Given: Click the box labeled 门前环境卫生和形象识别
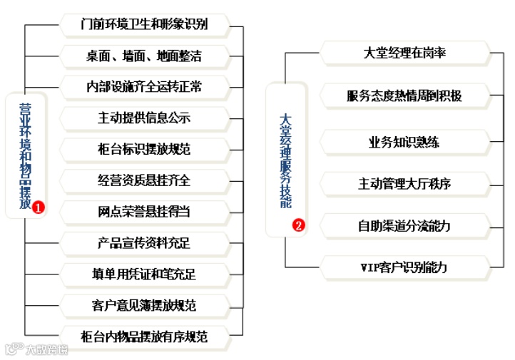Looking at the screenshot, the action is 144,25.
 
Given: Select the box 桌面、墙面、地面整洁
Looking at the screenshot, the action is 144,56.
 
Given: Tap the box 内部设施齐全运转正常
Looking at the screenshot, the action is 144,86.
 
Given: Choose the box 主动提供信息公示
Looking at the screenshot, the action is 144,118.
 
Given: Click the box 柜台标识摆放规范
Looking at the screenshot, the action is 144,149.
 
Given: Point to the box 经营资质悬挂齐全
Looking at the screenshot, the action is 144,180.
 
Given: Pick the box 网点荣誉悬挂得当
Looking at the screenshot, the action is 144,212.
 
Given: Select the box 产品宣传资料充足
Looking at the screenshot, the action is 144,243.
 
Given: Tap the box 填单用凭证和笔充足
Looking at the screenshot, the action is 144,274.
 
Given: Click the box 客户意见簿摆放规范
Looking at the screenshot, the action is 144,306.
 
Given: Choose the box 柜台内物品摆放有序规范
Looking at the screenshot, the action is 144,336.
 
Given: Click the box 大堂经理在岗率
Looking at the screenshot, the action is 404,53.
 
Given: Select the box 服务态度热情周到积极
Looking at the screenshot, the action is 404,96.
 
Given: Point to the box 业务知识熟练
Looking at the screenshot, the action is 404,141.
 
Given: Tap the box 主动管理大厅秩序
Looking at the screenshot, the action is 404,184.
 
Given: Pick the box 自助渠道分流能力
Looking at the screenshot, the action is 404,226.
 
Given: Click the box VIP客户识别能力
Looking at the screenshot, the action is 404,268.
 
